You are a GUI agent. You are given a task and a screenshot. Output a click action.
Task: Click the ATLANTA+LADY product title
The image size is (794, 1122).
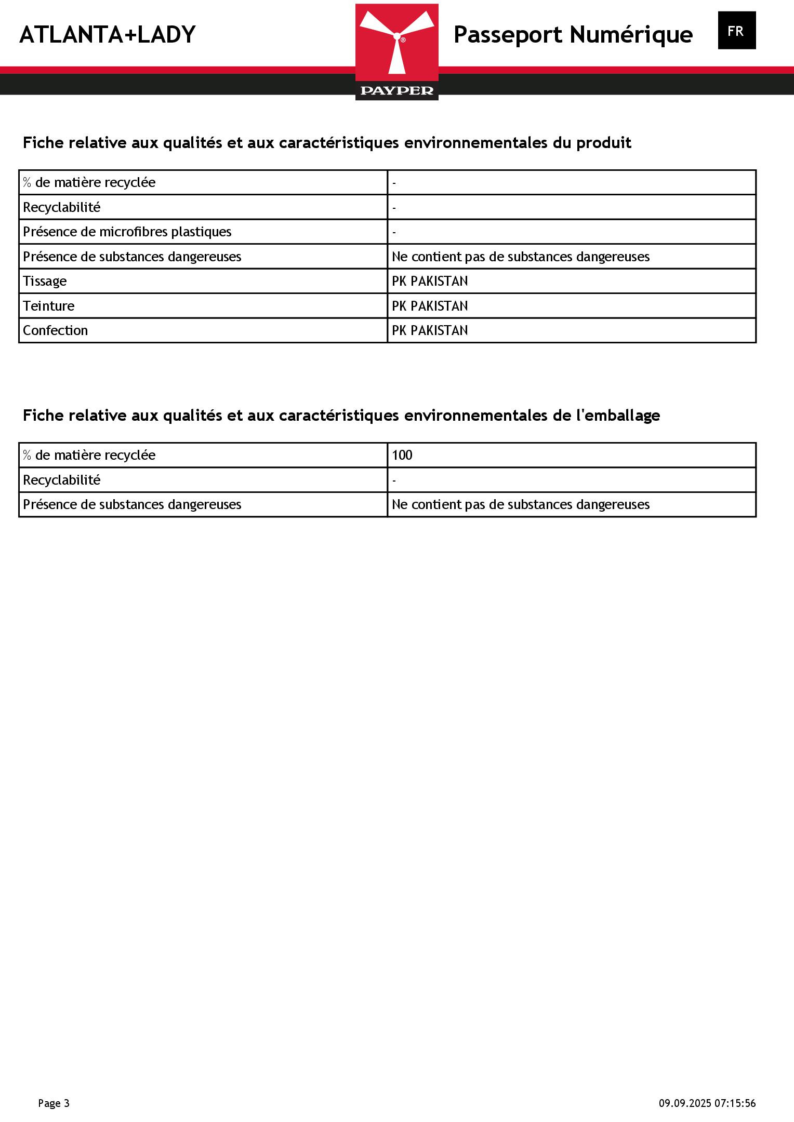click(x=107, y=35)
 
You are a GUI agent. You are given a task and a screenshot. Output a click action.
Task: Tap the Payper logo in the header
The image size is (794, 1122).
click(x=396, y=52)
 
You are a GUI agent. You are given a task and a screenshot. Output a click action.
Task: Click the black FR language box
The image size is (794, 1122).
click(x=736, y=31)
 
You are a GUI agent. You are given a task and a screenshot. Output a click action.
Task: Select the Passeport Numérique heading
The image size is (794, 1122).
click(x=573, y=35)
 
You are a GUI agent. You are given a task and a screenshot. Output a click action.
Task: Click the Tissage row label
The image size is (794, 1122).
click(x=45, y=281)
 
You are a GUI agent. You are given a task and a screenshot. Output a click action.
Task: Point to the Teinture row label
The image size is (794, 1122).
click(x=48, y=306)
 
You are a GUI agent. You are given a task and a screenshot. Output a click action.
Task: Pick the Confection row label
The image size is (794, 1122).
click(x=55, y=330)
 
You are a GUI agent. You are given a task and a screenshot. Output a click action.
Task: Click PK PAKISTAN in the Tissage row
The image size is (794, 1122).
click(x=430, y=281)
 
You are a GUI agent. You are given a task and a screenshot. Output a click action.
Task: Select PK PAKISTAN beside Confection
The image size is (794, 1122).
click(x=430, y=330)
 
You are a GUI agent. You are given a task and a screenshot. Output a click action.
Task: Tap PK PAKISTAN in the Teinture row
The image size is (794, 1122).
click(x=430, y=306)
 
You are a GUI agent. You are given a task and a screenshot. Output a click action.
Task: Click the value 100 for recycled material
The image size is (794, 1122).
click(x=402, y=455)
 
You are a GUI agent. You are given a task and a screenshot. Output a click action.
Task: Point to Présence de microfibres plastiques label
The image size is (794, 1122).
click(x=127, y=232)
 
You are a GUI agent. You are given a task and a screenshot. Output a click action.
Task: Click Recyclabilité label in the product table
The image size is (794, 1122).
click(x=61, y=207)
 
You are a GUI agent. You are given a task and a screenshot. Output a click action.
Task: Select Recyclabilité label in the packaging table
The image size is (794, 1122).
click(x=61, y=480)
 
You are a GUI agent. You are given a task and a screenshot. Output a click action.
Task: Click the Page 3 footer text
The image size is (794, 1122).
click(x=54, y=1103)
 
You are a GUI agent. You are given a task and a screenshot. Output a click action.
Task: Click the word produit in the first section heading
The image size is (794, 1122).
click(x=603, y=143)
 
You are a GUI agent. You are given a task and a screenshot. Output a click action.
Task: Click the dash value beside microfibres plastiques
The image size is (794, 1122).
click(x=394, y=232)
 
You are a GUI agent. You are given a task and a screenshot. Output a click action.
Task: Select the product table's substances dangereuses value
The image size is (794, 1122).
click(x=520, y=257)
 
